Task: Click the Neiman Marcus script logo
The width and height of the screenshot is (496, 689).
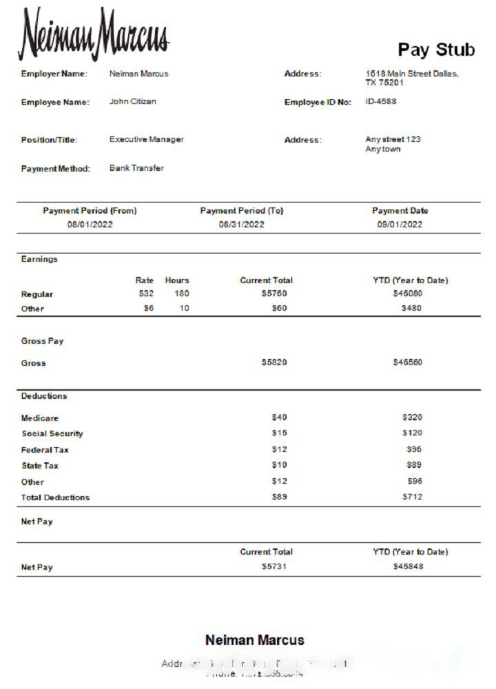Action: tap(93, 34)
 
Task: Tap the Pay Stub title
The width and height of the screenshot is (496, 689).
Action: tap(436, 50)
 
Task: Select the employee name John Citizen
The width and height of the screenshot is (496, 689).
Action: tap(132, 101)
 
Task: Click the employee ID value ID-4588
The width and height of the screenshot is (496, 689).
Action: tap(380, 101)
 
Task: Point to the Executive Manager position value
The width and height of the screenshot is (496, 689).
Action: tap(146, 139)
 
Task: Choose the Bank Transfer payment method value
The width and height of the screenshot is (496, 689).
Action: tap(136, 168)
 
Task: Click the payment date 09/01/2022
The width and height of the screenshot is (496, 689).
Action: tap(400, 225)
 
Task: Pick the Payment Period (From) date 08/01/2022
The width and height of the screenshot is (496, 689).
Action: tap(90, 225)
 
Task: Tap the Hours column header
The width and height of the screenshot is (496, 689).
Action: tap(176, 280)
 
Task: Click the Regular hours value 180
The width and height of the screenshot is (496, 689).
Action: tap(181, 294)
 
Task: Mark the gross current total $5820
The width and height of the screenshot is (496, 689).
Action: tap(274, 362)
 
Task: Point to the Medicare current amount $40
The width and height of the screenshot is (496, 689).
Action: tap(279, 418)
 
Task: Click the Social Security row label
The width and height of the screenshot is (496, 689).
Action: tap(52, 434)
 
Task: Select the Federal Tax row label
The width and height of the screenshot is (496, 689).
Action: tap(45, 450)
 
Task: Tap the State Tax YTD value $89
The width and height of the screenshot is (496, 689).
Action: tap(414, 465)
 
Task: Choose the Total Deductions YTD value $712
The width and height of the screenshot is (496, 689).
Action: tap(412, 497)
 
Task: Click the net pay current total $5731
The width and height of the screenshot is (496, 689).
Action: tap(273, 566)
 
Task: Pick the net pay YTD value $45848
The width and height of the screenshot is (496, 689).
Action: tap(408, 566)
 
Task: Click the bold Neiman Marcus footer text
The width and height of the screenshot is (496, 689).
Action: tap(254, 640)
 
